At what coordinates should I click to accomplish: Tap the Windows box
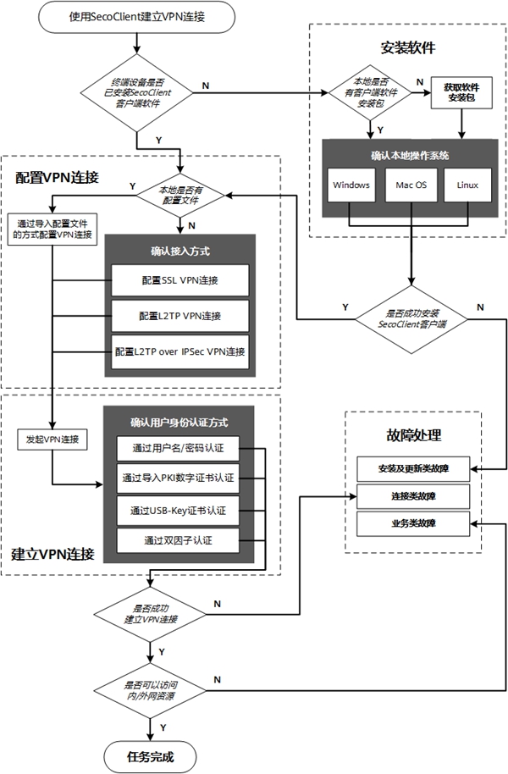tap(351, 185)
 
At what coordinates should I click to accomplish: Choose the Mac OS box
tap(411, 185)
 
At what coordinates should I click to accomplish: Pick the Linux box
tap(467, 185)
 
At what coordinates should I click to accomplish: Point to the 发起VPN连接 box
tap(52, 440)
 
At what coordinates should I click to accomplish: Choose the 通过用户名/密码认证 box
tap(179, 448)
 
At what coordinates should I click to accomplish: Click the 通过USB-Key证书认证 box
tap(179, 511)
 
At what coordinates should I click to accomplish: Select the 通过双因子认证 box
tap(179, 540)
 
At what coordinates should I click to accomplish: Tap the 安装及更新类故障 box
tap(412, 467)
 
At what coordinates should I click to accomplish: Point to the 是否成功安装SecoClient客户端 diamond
tap(411, 318)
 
